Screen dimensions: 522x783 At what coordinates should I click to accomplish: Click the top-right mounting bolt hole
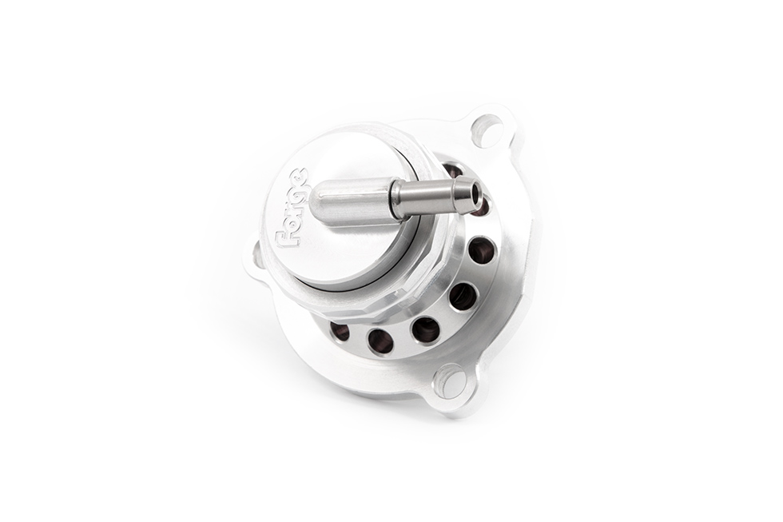tap(487, 130)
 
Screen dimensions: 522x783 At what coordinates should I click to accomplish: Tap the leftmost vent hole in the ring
tap(340, 330)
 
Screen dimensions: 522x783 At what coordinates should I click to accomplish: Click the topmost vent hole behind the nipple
tap(452, 170)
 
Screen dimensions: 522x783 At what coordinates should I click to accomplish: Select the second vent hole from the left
tap(381, 341)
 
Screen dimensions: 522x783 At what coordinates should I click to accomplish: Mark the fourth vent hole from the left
tap(463, 296)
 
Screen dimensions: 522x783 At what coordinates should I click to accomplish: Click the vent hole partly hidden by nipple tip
tap(482, 209)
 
